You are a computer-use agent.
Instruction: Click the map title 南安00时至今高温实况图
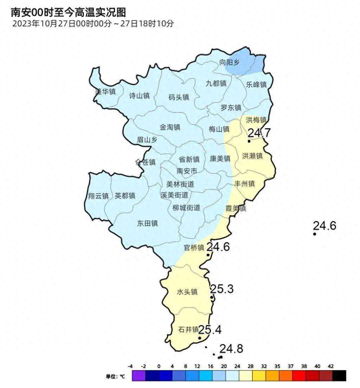[x=68, y=13]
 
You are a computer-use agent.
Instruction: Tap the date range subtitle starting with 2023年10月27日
[x=93, y=24]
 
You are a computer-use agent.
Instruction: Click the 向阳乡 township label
[x=229, y=63]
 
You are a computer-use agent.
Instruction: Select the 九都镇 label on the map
[x=216, y=83]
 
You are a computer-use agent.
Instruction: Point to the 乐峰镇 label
[x=256, y=85]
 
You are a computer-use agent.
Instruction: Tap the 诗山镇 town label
[x=139, y=96]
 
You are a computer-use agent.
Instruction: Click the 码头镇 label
[x=179, y=97]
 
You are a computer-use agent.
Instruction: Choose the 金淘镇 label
[x=170, y=127]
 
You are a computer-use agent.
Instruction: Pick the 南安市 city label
[x=186, y=171]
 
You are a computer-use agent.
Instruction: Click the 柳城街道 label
[x=186, y=208]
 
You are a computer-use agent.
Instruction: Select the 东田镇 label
[x=147, y=223]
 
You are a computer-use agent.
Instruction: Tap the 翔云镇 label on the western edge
[x=98, y=196]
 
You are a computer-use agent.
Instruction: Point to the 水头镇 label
[x=187, y=292]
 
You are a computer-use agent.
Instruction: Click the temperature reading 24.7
[x=259, y=133]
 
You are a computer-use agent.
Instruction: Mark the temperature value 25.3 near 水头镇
[x=221, y=289]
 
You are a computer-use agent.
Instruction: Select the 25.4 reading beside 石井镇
[x=210, y=330]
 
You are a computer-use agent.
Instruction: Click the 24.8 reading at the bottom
[x=231, y=349]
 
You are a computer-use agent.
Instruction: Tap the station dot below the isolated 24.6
[x=315, y=234]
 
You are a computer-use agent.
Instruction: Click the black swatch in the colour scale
[x=339, y=376]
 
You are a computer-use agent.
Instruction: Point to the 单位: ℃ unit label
[x=115, y=376]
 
